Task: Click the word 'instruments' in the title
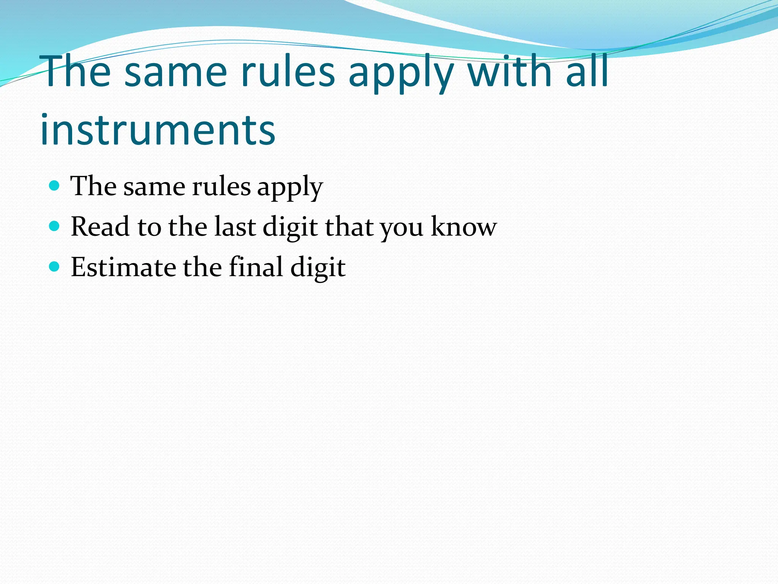pyautogui.click(x=158, y=130)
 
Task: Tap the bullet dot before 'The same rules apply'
pyautogui.click(x=55, y=186)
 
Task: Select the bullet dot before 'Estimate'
pyautogui.click(x=55, y=267)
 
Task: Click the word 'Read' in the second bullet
pyautogui.click(x=100, y=227)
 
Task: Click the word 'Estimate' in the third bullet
pyautogui.click(x=123, y=267)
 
